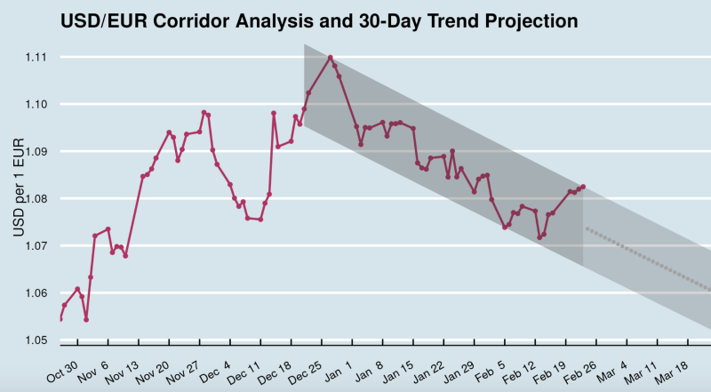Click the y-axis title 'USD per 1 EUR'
(19, 192)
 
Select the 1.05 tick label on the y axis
(36, 340)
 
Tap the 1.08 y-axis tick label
(36, 199)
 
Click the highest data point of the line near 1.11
(331, 58)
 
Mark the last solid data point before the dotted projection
(583, 187)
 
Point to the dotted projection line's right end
(709, 289)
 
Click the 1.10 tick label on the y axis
(36, 105)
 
